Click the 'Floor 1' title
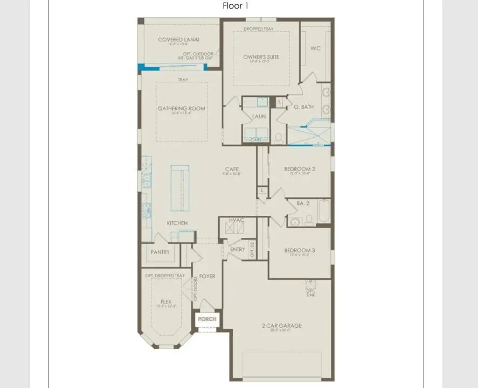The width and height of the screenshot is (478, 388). pos(235,6)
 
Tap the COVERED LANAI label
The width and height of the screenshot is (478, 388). pos(179,39)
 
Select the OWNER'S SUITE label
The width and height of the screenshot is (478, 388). pos(261,57)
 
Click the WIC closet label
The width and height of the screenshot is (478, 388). pos(316,48)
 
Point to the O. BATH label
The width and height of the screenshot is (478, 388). pos(304,107)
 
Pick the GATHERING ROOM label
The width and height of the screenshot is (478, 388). pos(182,109)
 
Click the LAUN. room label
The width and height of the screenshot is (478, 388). pos(259,116)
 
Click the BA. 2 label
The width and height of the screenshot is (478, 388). pos(303,203)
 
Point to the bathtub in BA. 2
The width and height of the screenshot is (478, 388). pos(323,210)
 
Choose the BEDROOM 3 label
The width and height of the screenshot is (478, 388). pos(300,250)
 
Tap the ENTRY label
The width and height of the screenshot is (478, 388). pos(237,249)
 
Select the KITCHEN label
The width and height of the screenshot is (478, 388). pos(177,223)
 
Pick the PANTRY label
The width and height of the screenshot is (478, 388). pos(160,252)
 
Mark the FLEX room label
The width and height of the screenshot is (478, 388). pos(166,302)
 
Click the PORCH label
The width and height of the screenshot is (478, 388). pos(207,319)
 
